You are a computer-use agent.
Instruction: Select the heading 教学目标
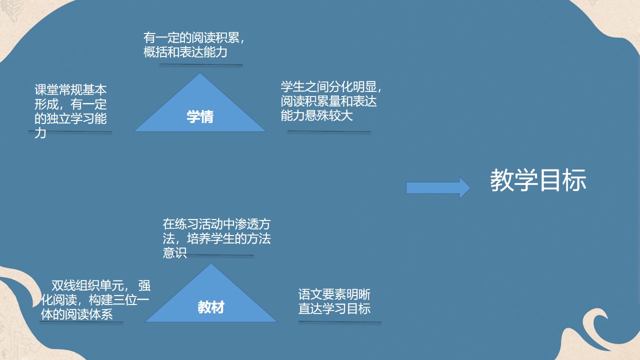[538, 180]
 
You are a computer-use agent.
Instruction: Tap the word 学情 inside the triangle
[200, 117]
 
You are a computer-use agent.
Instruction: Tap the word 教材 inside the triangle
[211, 307]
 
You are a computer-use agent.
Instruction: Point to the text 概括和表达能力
[185, 52]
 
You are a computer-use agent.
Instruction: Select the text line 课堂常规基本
[70, 90]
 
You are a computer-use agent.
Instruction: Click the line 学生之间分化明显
[331, 87]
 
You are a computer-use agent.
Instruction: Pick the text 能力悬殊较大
[317, 116]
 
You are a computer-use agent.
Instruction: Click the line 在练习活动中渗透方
[216, 224]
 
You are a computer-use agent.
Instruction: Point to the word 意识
[174, 252]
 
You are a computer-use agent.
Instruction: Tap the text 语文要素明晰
[334, 294]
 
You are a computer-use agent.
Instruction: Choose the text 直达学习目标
[334, 308]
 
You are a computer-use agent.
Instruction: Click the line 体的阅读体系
[76, 314]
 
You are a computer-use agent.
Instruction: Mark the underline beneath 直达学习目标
[340, 322]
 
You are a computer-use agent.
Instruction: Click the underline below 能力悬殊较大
[328, 131]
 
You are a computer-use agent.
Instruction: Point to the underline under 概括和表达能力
[193, 64]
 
